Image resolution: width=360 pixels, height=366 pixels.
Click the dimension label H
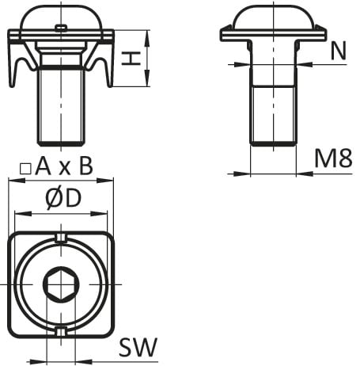(131, 59)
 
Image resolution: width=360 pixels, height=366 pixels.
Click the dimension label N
(339, 51)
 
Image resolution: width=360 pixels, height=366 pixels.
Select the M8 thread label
(334, 158)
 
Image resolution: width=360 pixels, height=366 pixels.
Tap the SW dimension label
(138, 347)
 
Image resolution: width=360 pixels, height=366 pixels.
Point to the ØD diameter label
(63, 199)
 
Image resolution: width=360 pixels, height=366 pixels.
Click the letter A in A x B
(43, 166)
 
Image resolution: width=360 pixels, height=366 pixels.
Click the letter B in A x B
(86, 166)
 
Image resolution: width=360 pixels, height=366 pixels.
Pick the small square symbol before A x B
(25, 169)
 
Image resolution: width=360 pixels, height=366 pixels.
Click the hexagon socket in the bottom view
(61, 284)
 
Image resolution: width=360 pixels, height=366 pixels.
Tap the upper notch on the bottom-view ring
(61, 238)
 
